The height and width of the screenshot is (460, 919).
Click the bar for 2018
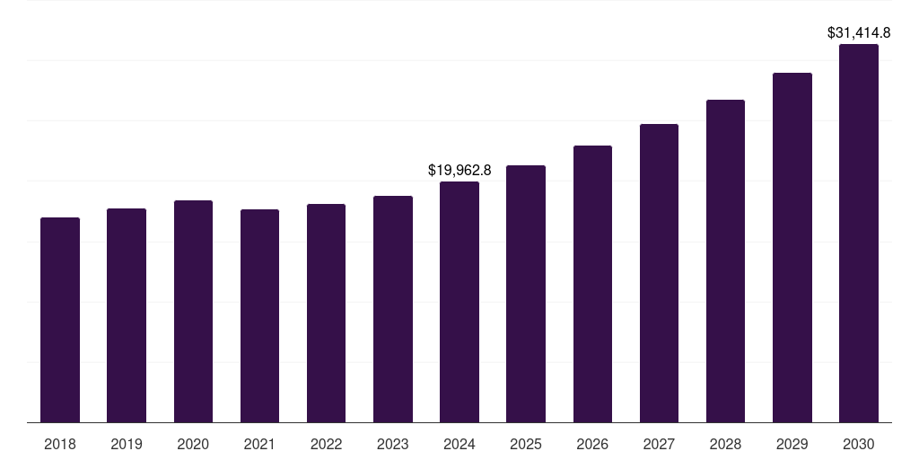pyautogui.click(x=60, y=320)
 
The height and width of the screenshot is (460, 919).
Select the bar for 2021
pyautogui.click(x=259, y=315)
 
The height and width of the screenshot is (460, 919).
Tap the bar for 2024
pyautogui.click(x=459, y=302)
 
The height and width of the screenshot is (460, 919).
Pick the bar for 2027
pyautogui.click(x=659, y=273)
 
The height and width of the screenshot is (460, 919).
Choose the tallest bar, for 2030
pyautogui.click(x=859, y=233)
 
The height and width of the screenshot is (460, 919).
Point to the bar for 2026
pyautogui.click(x=592, y=284)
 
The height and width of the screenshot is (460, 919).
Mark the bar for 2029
pyautogui.click(x=792, y=247)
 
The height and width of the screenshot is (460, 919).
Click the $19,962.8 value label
pyautogui.click(x=459, y=170)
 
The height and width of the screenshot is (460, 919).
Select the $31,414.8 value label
pyautogui.click(x=859, y=32)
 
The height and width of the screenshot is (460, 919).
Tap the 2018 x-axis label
pyautogui.click(x=60, y=444)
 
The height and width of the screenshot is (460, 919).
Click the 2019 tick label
pyautogui.click(x=127, y=444)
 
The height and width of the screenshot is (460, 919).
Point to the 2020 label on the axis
pyautogui.click(x=193, y=444)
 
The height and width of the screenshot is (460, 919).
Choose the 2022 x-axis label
pyautogui.click(x=326, y=444)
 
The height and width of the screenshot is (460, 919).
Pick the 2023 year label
pyautogui.click(x=393, y=444)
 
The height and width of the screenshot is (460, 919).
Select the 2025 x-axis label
pyautogui.click(x=526, y=444)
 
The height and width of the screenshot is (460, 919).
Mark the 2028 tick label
pyautogui.click(x=725, y=444)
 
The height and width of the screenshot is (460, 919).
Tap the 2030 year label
pyautogui.click(x=859, y=444)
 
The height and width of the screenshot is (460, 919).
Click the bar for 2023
pyautogui.click(x=393, y=309)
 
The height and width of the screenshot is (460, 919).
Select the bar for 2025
pyautogui.click(x=526, y=294)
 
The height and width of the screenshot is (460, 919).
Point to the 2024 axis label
pyautogui.click(x=459, y=444)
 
